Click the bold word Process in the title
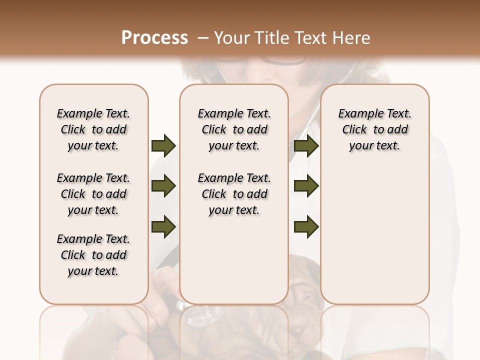pos(154,38)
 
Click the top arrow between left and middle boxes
pos(163,145)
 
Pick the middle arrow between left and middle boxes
pos(163,186)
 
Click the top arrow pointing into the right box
pos(306,145)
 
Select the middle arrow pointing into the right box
pos(306,186)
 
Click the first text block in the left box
pos(93,129)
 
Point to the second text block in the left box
pos(93,194)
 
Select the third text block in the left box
pos(93,255)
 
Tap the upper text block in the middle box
pos(234,129)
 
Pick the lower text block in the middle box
pos(234,194)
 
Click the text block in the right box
pos(374,129)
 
